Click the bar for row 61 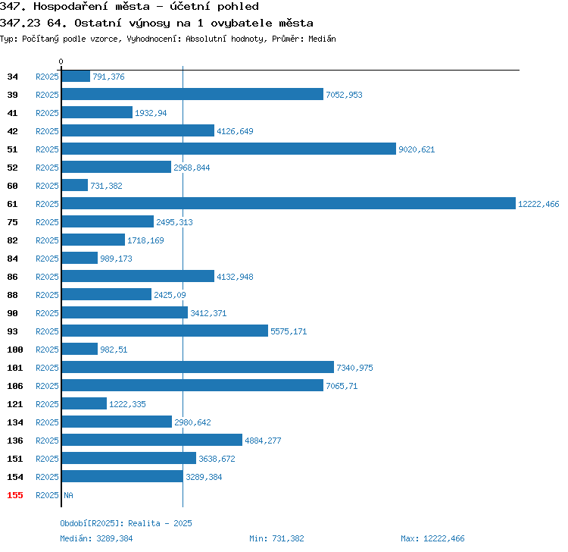click(x=289, y=203)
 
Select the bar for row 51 click(x=229, y=149)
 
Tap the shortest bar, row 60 click(x=75, y=185)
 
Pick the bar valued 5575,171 click(x=165, y=331)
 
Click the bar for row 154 click(x=123, y=476)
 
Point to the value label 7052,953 click(x=344, y=95)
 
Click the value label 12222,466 click(x=538, y=204)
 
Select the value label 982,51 click(x=114, y=350)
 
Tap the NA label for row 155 click(x=68, y=495)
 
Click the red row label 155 click(x=15, y=495)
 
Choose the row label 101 click(x=15, y=368)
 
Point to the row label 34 click(x=12, y=77)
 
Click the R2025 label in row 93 click(x=47, y=331)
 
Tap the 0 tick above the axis click(x=61, y=61)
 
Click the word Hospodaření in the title click(x=70, y=7)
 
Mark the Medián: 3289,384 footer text click(x=96, y=538)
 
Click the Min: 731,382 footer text click(x=276, y=538)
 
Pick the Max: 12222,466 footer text click(x=432, y=538)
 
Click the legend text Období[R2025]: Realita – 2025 click(x=126, y=523)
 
